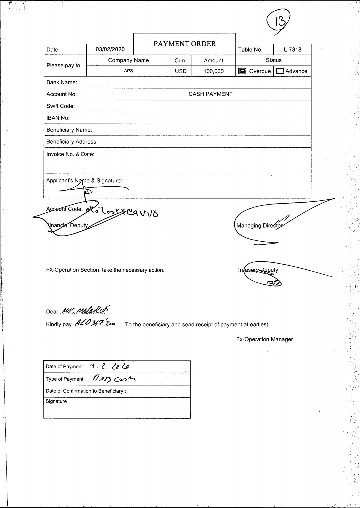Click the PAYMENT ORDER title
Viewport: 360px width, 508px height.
(184, 44)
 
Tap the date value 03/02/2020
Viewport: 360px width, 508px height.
(110, 49)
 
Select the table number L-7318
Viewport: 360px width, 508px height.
(292, 50)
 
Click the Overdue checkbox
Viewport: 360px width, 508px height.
(242, 71)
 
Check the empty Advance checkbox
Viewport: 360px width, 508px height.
(280, 71)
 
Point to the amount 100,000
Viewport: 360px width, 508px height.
(213, 71)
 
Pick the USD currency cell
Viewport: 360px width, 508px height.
(181, 71)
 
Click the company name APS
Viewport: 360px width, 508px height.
(128, 71)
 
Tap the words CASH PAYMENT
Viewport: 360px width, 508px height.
(210, 94)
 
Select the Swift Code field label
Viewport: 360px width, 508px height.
(61, 106)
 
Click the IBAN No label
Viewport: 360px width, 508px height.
(58, 118)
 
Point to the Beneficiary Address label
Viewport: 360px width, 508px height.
(72, 142)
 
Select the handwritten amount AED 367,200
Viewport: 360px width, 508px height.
(95, 323)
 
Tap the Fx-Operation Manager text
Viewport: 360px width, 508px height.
(264, 339)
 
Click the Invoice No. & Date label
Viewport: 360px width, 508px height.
(70, 154)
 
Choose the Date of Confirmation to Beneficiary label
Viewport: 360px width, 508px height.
(86, 391)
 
